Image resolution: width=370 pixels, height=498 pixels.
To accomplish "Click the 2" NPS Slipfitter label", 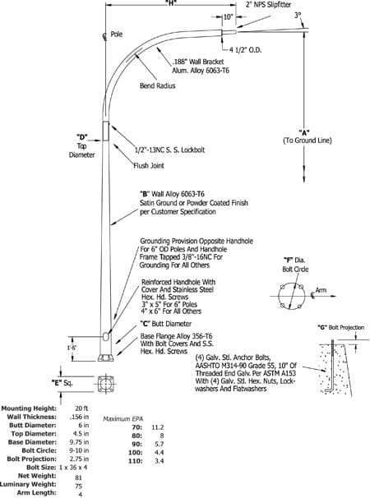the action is [268, 4].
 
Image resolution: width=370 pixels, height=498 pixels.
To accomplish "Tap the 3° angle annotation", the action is [298, 15].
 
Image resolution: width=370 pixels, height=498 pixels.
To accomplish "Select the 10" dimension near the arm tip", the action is [229, 16].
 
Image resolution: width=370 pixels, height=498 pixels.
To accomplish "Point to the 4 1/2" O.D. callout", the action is [245, 50].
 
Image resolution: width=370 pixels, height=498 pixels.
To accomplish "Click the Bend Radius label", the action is [158, 85].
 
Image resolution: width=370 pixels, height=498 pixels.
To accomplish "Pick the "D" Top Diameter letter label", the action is [81, 137].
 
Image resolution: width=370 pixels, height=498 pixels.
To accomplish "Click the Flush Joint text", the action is [149, 165].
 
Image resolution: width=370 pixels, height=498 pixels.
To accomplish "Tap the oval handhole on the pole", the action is [106, 336].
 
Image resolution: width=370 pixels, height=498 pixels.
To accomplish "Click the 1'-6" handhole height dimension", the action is [72, 348].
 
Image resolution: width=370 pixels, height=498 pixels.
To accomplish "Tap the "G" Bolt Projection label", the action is [340, 327].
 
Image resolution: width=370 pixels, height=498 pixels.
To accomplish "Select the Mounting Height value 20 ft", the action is [81, 408].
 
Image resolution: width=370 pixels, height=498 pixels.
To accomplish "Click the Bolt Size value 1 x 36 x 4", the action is [73, 468].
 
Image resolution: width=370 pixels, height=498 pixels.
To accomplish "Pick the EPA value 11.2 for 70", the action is [158, 427].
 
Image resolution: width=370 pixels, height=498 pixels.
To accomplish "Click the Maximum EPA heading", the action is [123, 419].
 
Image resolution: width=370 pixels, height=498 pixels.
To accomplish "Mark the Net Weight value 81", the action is [78, 477].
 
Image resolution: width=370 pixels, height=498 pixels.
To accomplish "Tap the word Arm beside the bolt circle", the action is [321, 290].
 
